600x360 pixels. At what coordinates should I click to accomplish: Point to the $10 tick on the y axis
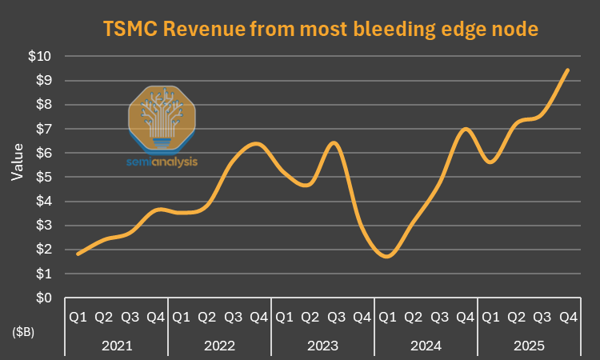tap(40, 56)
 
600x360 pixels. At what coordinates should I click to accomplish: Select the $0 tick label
tap(43, 298)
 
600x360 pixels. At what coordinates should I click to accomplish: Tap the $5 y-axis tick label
tap(43, 177)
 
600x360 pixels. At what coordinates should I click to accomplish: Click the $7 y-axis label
tap(43, 129)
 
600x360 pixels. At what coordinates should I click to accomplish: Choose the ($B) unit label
tap(22, 330)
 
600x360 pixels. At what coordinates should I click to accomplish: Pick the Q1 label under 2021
tap(78, 318)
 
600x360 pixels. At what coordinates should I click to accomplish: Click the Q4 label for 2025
tap(568, 318)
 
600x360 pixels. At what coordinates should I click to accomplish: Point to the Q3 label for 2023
tap(336, 318)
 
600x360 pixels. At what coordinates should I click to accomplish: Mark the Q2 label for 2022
tap(206, 318)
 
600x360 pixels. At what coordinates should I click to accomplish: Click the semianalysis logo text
tap(162, 161)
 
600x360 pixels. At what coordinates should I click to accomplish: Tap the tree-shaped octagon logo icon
tap(162, 117)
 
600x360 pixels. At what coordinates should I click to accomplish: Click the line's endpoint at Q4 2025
tap(567, 70)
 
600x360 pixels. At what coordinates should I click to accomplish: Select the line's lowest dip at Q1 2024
tap(387, 256)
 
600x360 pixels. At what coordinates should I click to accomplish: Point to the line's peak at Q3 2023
tap(334, 142)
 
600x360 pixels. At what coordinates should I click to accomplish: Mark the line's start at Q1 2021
tap(78, 254)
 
